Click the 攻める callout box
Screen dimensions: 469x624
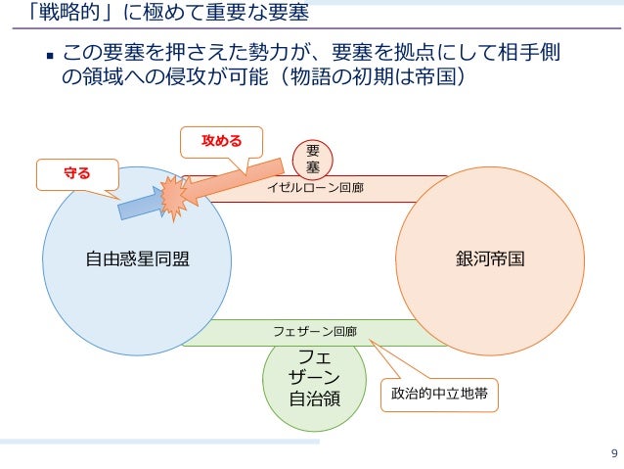[221, 141]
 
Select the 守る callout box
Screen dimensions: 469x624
[76, 174]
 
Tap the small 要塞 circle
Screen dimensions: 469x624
[313, 160]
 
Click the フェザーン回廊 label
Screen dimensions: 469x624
[314, 333]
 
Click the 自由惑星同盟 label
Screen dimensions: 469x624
[137, 259]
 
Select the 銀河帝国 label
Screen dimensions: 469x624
[490, 259]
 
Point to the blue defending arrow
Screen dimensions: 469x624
[137, 204]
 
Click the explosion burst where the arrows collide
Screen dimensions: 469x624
[176, 196]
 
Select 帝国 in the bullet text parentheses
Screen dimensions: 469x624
[434, 75]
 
